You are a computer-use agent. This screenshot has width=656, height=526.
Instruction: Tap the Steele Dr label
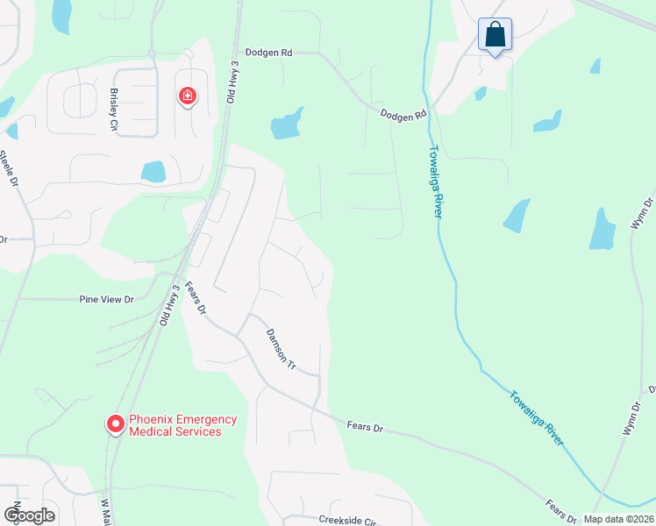click(x=8, y=170)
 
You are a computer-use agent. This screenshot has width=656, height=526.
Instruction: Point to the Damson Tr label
click(x=281, y=347)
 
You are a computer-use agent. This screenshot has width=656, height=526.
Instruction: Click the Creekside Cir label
click(x=347, y=520)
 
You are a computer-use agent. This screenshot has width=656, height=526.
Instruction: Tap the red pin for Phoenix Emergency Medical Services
click(x=115, y=424)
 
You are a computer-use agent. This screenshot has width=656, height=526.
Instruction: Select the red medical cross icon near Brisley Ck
click(x=187, y=96)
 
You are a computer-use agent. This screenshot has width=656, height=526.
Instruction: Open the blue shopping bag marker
click(x=495, y=35)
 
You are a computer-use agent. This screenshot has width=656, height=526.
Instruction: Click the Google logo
click(x=29, y=515)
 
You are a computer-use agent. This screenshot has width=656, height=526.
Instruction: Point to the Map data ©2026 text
click(x=617, y=519)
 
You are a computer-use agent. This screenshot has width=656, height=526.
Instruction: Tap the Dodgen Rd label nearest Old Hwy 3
click(x=268, y=53)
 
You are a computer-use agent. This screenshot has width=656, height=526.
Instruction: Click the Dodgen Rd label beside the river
click(x=403, y=115)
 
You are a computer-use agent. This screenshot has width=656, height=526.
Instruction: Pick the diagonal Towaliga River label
click(x=536, y=418)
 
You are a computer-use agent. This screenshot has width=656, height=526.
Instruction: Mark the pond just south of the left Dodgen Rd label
click(x=287, y=124)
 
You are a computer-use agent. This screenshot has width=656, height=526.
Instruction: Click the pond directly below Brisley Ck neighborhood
click(x=153, y=171)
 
